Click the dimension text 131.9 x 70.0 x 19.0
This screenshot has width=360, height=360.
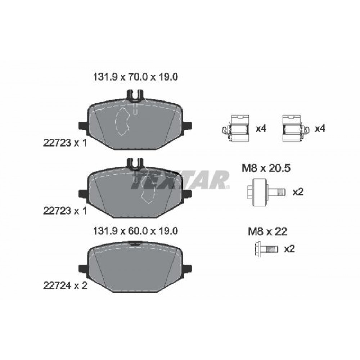click(135, 77)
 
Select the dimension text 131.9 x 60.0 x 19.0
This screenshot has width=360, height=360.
click(135, 231)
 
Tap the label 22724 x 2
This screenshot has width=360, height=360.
click(66, 286)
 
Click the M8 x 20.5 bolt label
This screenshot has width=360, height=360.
click(266, 168)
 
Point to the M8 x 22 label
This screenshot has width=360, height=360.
click(268, 231)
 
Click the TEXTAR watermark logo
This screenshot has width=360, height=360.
click(180, 180)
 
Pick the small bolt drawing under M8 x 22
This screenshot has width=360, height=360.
click(266, 249)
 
